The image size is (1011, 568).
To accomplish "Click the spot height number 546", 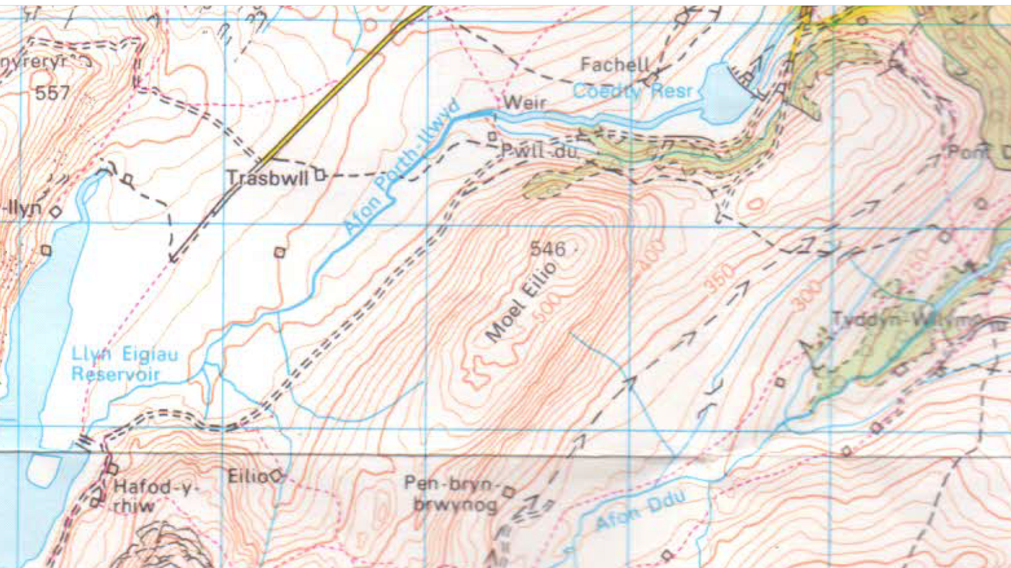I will [547, 249].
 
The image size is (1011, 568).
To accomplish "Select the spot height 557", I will [52, 94].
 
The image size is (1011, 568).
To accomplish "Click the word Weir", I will [524, 102].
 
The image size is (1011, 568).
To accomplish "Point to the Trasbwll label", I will [267, 178].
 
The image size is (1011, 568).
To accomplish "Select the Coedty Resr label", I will [633, 91].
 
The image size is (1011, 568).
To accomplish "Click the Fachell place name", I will [615, 64].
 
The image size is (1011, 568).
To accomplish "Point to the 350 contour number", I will [720, 278].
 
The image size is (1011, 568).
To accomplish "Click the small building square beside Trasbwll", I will [320, 174].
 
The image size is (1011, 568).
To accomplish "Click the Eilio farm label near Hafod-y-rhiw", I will [248, 476].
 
